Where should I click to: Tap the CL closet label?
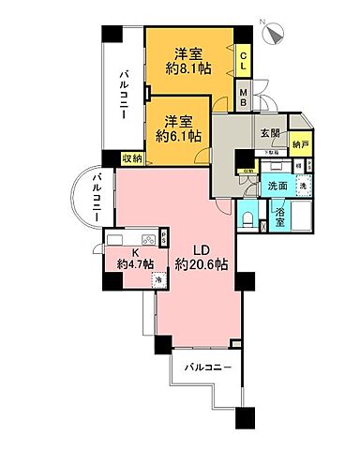pyautogui.click(x=243, y=66)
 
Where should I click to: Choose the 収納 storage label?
pyautogui.click(x=132, y=158)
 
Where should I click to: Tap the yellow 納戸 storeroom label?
pyautogui.click(x=300, y=144)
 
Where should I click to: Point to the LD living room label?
pyautogui.click(x=201, y=248)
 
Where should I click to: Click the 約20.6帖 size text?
pyautogui.click(x=201, y=265)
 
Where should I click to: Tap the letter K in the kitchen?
pyautogui.click(x=135, y=252)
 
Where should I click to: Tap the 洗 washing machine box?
pyautogui.click(x=301, y=187)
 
